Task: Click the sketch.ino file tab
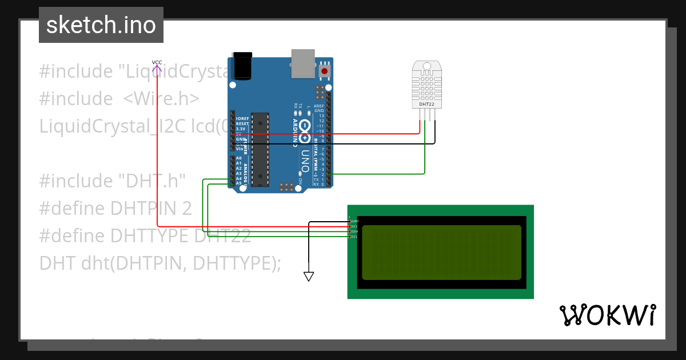(101, 25)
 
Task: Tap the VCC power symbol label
(157, 62)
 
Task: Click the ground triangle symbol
(309, 277)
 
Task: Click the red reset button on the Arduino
(325, 71)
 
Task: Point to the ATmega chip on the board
(261, 149)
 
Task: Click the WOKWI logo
(607, 315)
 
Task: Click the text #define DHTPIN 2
(115, 209)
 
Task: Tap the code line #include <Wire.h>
(119, 99)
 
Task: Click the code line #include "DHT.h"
(113, 181)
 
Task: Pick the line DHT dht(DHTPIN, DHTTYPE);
(160, 263)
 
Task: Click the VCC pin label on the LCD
(354, 226)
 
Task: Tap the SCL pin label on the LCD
(354, 237)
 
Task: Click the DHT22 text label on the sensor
(426, 105)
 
